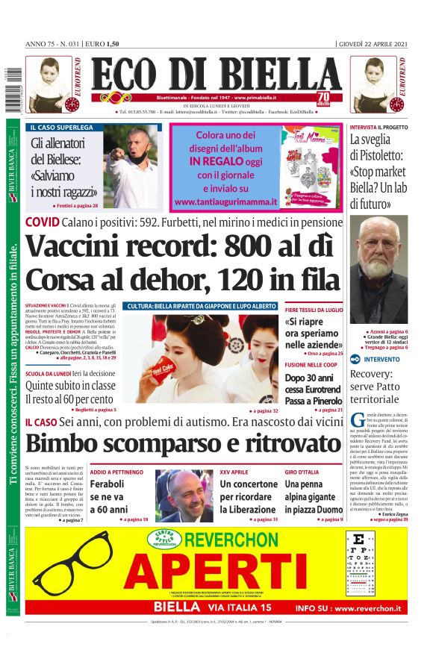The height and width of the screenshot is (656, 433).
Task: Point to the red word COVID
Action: [42, 222]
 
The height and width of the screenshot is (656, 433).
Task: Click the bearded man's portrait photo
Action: [379, 271]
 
